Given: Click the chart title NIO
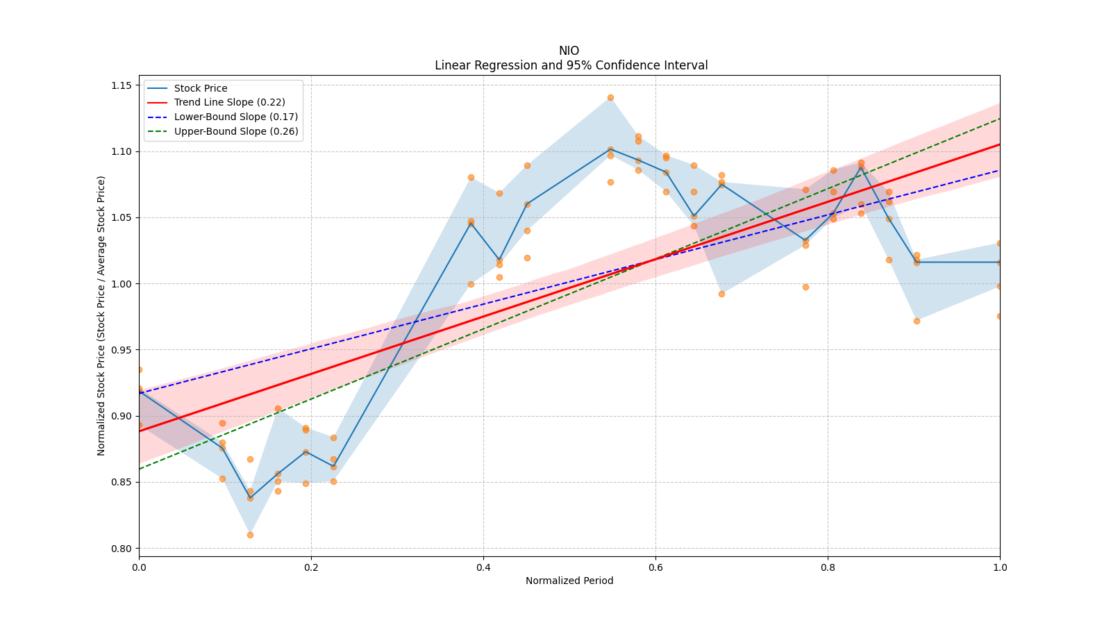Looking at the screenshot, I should (569, 51).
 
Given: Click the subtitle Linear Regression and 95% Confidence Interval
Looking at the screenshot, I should (571, 65).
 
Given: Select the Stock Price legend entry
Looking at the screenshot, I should (201, 88).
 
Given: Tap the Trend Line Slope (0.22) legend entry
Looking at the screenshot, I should (229, 103).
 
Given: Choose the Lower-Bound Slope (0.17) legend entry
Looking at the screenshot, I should (235, 117).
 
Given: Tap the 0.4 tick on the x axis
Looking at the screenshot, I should (483, 567).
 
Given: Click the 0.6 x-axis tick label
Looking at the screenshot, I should (655, 567).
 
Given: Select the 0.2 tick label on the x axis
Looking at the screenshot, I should (311, 567).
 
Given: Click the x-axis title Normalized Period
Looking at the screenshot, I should (569, 581).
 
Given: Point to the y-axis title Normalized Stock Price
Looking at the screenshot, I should (101, 315).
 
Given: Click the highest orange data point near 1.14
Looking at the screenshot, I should (610, 97).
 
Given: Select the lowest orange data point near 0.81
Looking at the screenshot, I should (250, 535).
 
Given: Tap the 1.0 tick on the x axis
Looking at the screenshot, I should (1000, 567).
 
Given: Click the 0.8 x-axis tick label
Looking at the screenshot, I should (828, 567).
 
